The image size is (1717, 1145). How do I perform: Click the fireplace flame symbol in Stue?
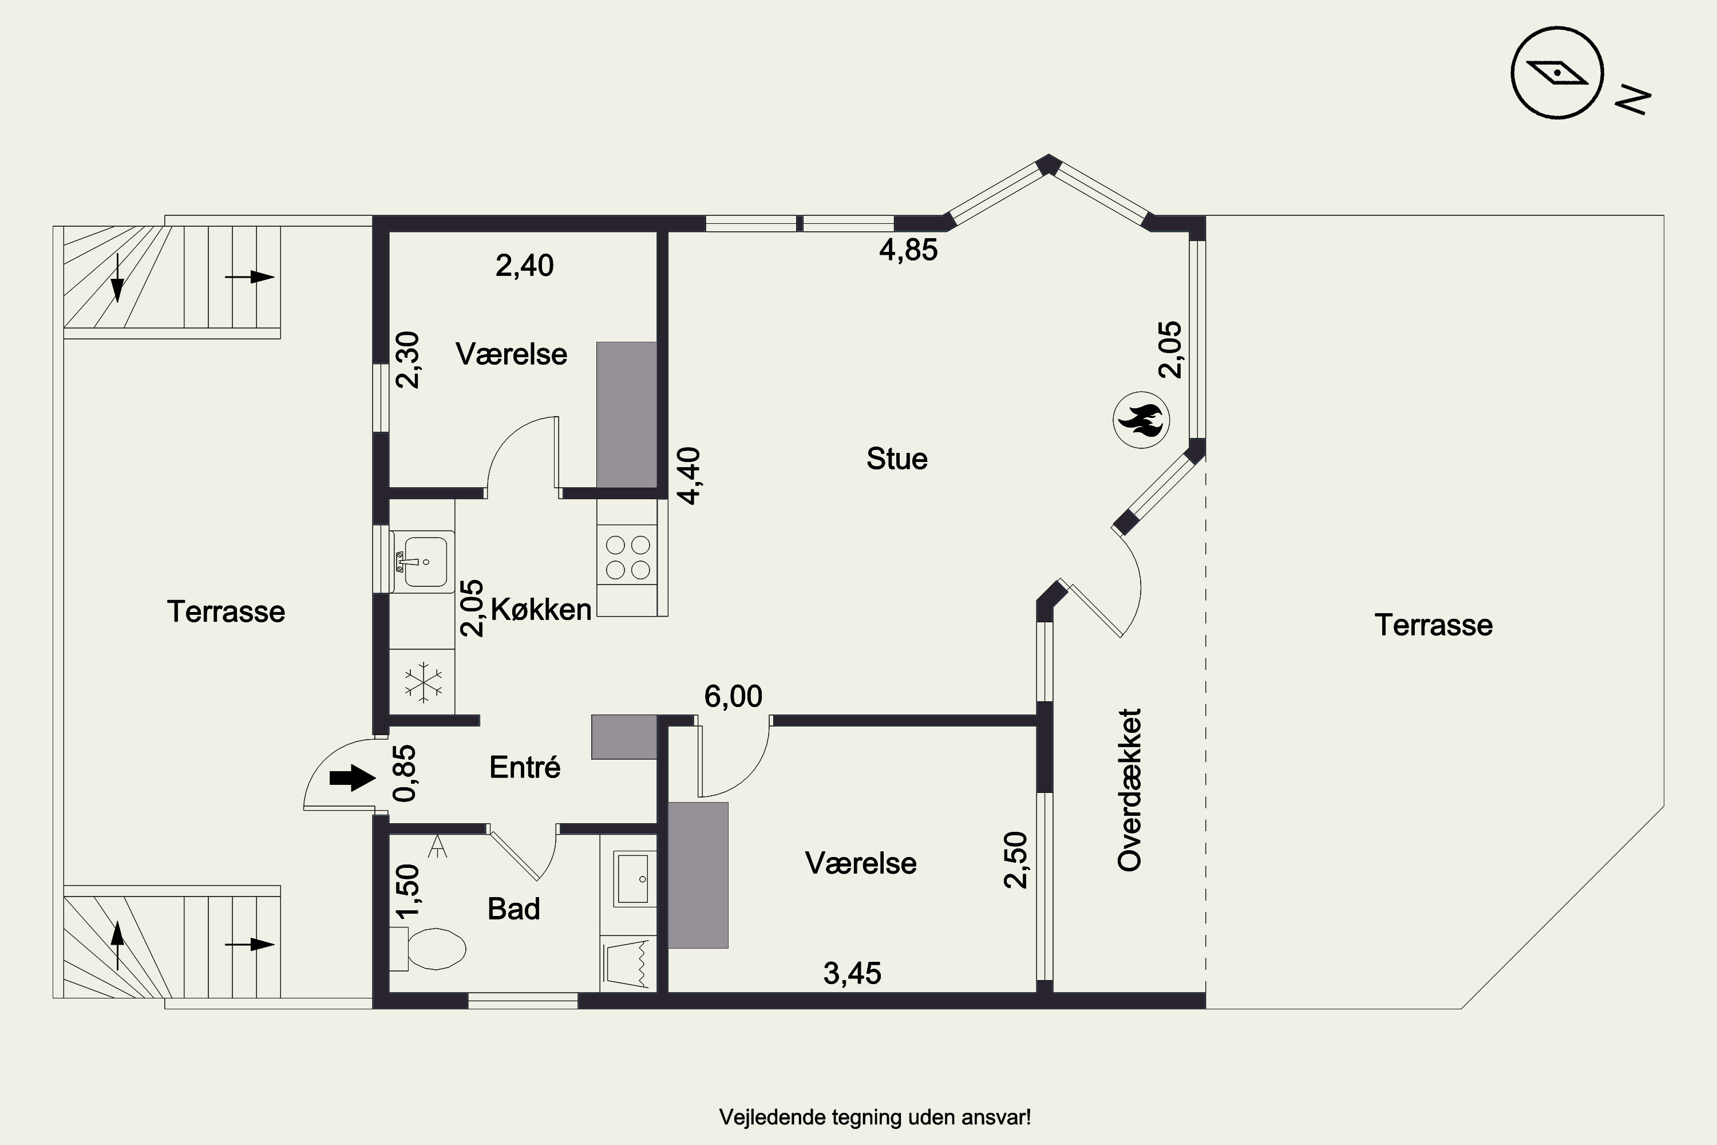[1141, 420]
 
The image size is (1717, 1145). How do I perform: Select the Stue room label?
[897, 459]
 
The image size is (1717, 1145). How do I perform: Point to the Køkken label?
[541, 609]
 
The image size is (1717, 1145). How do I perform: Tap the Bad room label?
[514, 909]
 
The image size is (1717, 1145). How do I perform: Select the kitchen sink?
[422, 561]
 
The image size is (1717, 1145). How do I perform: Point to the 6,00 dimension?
[733, 696]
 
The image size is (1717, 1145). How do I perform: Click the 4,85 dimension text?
[908, 250]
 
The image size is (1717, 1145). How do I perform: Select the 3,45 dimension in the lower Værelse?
[852, 973]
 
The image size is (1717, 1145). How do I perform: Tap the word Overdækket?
[1129, 790]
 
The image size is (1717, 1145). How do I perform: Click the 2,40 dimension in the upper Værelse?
[524, 265]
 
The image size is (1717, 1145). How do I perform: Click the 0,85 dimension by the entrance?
[405, 772]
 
